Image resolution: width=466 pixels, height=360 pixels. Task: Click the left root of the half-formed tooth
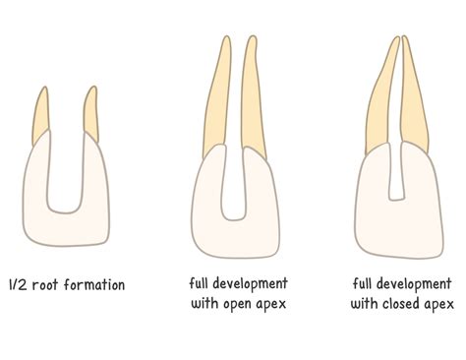click(x=42, y=116)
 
